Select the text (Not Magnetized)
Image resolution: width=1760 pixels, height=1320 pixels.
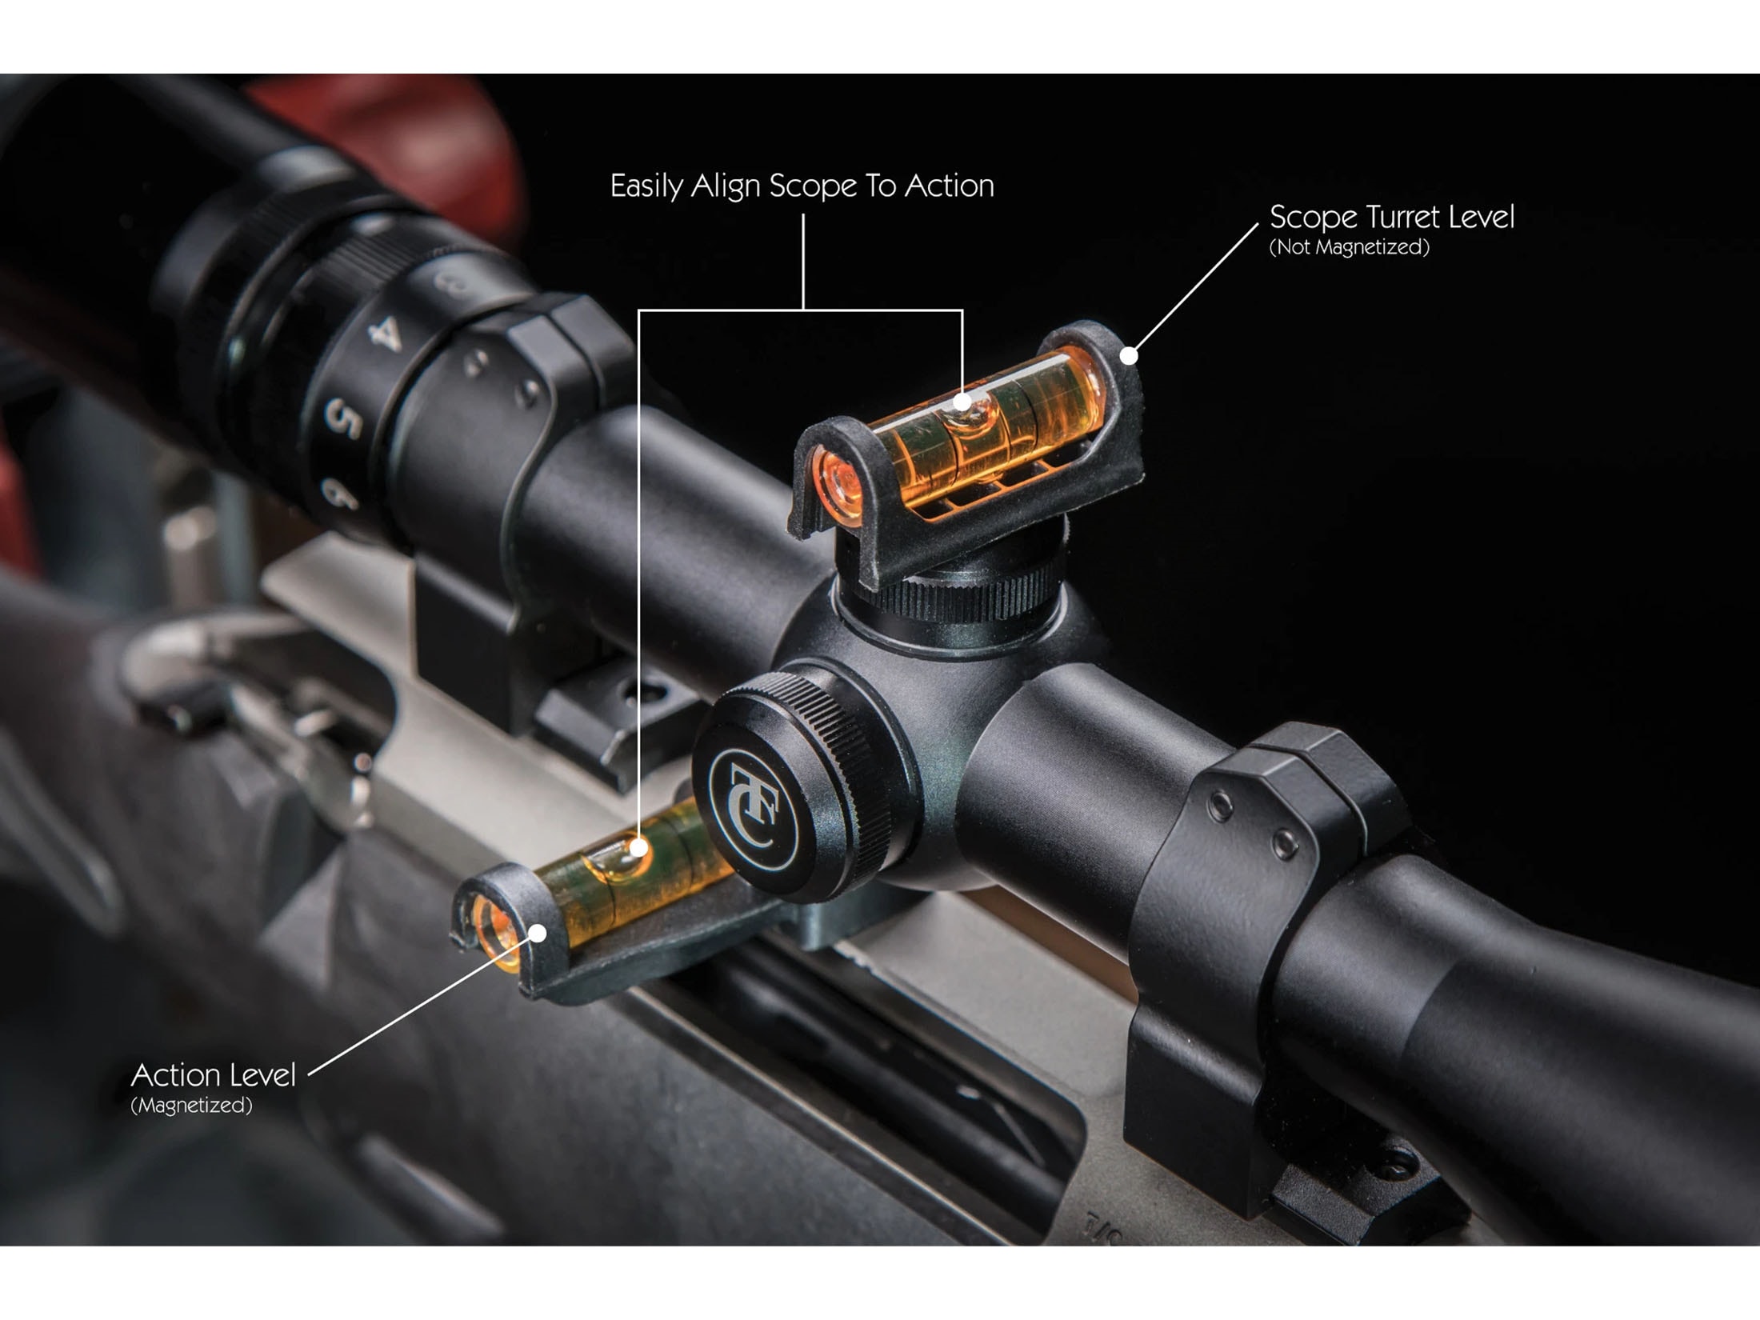pyautogui.click(x=1349, y=247)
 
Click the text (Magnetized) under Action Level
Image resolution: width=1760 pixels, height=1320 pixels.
pyautogui.click(x=191, y=1105)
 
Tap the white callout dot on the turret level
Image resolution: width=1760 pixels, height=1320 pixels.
pyautogui.click(x=1129, y=355)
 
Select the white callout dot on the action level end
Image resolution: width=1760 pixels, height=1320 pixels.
pyautogui.click(x=539, y=933)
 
